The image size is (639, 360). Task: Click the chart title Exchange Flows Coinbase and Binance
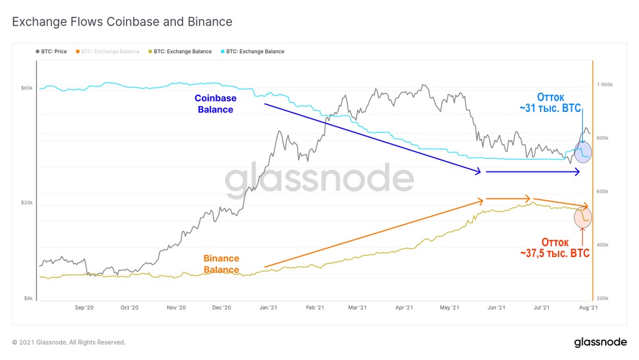(122, 22)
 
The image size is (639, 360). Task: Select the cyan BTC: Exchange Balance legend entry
(255, 51)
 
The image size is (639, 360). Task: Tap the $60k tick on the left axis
(27, 88)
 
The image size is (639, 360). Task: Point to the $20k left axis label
(27, 203)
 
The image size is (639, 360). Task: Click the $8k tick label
(29, 298)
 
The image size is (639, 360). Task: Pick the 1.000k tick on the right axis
(604, 84)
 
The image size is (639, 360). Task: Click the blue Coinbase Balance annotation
(216, 104)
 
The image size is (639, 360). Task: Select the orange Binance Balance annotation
(221, 264)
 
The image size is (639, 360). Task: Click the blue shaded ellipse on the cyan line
(583, 152)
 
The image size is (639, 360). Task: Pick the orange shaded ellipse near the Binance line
(583, 216)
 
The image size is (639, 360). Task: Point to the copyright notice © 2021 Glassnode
(68, 343)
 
